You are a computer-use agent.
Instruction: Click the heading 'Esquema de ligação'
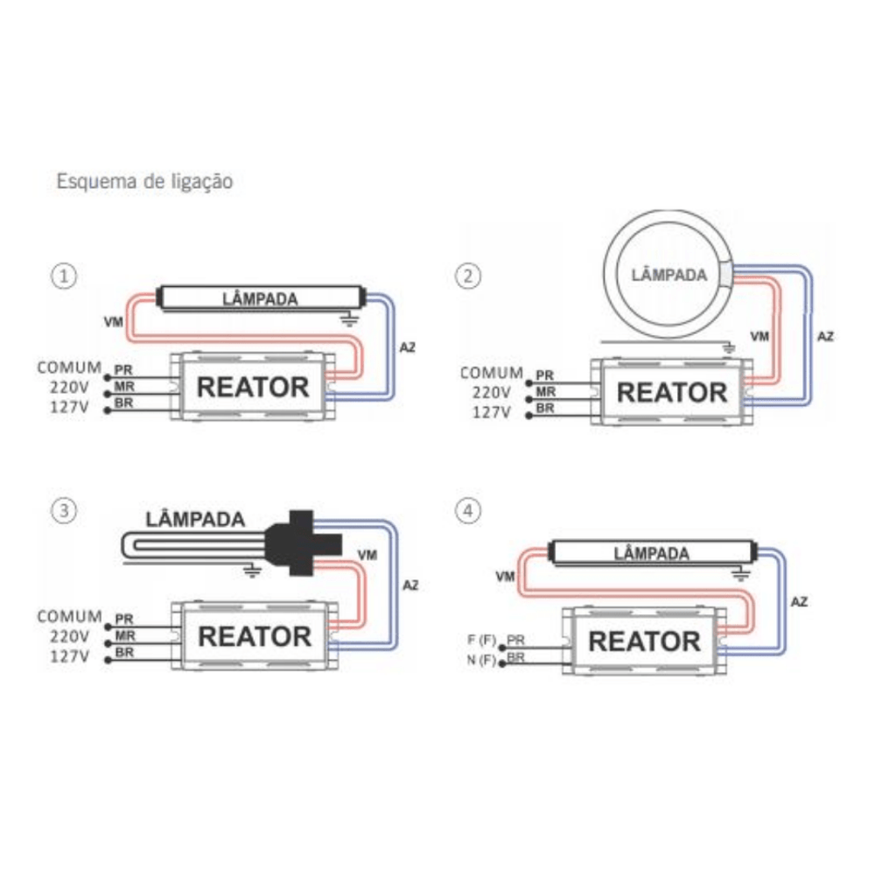click(144, 182)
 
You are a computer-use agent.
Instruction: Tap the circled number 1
click(64, 276)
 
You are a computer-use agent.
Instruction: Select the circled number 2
click(467, 276)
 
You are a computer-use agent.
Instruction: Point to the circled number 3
click(64, 511)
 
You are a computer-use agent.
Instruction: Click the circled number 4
click(467, 511)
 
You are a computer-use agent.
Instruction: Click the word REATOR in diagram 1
click(253, 388)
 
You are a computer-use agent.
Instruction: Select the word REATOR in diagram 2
click(672, 392)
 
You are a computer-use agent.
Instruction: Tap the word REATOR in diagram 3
click(255, 637)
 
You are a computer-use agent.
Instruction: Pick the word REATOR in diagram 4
click(645, 641)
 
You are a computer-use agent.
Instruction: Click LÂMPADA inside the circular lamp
click(669, 275)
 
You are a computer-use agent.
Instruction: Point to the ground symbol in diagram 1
click(350, 319)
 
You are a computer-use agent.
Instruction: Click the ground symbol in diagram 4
click(740, 574)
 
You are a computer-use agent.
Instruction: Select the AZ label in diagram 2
click(825, 337)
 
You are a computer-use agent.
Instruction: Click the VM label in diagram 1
click(113, 322)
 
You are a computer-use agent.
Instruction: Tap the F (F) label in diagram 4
click(481, 640)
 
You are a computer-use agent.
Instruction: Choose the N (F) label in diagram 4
click(481, 660)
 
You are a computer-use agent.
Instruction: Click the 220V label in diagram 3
click(69, 636)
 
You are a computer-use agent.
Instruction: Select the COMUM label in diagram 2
click(492, 373)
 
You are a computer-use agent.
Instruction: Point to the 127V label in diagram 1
click(69, 407)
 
